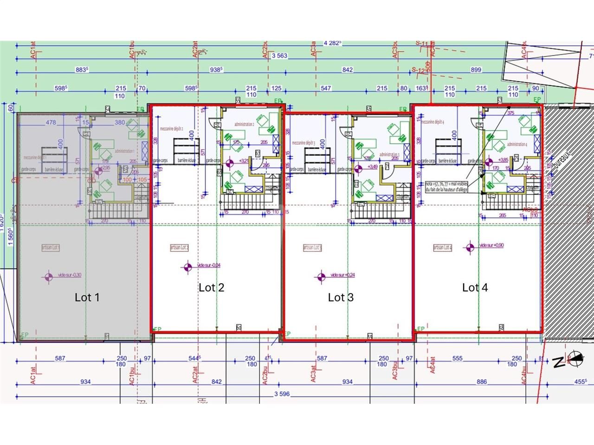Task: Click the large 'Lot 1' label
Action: click(x=87, y=297)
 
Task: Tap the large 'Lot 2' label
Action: click(x=211, y=287)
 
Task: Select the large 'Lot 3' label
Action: click(x=341, y=298)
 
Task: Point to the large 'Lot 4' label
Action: click(x=475, y=287)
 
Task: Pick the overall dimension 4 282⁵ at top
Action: click(x=332, y=43)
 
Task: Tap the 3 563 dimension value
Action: click(x=280, y=56)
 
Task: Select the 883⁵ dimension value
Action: click(x=82, y=70)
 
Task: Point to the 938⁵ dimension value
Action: click(x=216, y=70)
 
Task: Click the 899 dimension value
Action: click(x=476, y=70)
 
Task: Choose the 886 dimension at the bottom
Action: click(x=481, y=382)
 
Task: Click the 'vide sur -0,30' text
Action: click(x=70, y=275)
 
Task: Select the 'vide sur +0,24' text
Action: click(x=343, y=275)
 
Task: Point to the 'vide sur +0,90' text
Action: click(x=491, y=245)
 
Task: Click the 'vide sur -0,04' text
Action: click(x=209, y=265)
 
